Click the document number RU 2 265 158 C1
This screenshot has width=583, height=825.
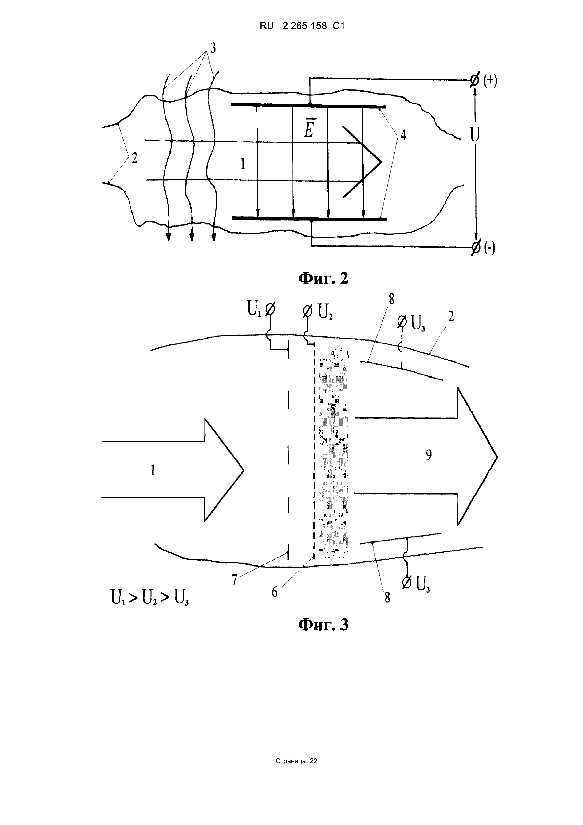coord(302,26)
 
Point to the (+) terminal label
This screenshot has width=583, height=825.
coord(490,81)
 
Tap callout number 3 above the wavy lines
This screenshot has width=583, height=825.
coord(213,48)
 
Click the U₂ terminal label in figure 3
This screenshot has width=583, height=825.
coord(325,312)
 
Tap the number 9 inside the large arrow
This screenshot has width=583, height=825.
coord(429,455)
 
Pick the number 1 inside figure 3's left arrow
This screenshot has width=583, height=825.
coord(153,470)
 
